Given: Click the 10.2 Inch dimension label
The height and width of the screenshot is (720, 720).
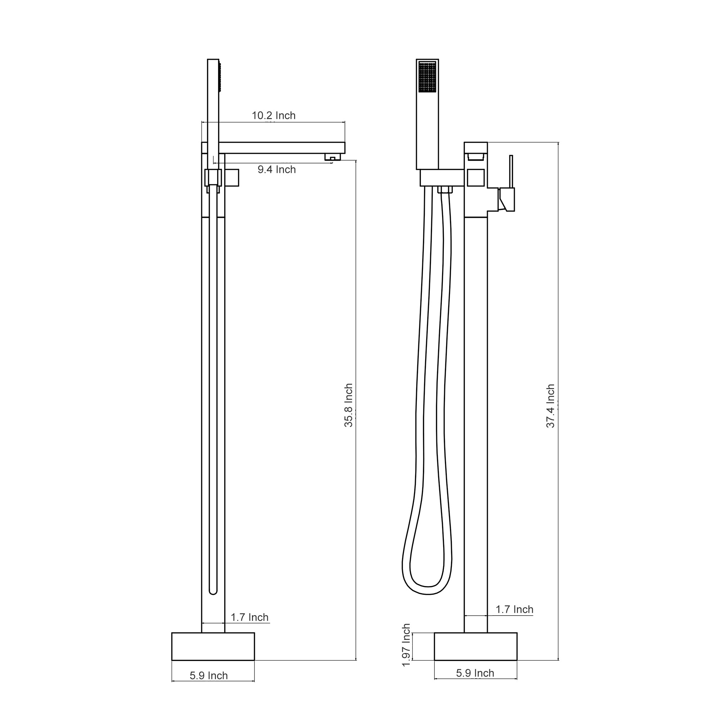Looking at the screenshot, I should (274, 116).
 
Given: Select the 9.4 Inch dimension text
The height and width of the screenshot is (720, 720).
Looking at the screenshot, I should (276, 170).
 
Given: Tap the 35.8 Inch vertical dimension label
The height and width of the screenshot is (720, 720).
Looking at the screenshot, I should (348, 405).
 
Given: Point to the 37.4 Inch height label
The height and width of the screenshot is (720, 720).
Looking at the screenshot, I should (550, 406).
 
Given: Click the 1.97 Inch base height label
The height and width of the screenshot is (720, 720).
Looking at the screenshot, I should (406, 645).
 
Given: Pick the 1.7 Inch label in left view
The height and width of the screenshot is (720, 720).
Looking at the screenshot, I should (249, 617).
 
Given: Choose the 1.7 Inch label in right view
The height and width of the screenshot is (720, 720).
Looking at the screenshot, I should (514, 610).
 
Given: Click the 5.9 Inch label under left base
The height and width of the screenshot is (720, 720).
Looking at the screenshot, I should (209, 676).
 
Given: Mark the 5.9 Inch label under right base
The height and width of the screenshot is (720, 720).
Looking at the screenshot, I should (475, 673).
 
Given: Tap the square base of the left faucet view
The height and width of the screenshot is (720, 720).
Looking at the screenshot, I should (213, 647).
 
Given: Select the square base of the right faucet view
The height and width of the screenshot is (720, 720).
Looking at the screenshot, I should (476, 647).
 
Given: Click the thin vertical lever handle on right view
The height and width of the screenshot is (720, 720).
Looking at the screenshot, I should (511, 171).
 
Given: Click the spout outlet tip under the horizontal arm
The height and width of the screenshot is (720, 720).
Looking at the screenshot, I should (332, 158).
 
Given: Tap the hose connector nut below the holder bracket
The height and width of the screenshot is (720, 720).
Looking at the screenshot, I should (445, 190).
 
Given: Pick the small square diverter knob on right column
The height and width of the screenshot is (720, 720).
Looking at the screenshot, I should (476, 178).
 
